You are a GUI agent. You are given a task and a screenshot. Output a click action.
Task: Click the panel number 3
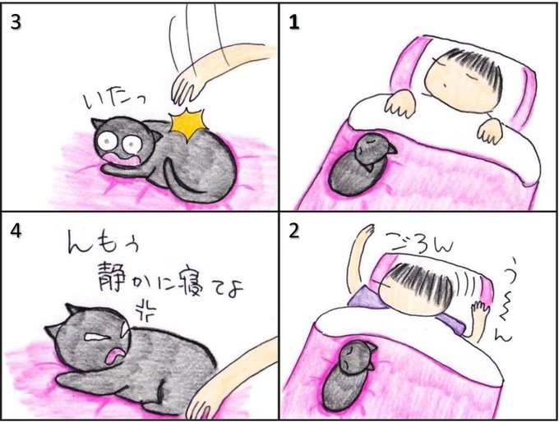pos(16,22)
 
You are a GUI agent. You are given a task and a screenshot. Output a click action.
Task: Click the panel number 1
pos(294,22)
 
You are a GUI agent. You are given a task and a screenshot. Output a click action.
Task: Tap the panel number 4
pos(16,232)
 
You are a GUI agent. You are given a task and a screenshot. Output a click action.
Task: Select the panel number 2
pos(294,232)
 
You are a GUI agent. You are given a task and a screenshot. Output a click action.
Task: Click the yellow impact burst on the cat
pos(188,124)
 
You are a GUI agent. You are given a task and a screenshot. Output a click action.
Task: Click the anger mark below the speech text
pos(146,309)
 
